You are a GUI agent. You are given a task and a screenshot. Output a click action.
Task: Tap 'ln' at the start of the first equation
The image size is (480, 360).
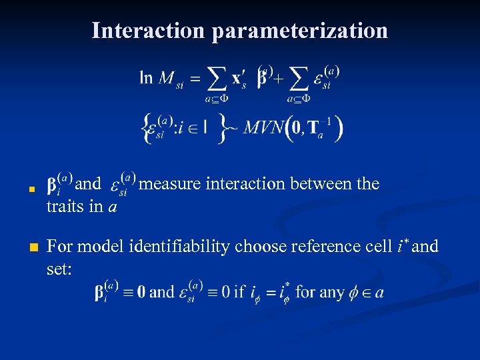click(146, 78)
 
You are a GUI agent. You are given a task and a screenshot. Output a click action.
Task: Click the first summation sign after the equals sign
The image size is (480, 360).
click(216, 79)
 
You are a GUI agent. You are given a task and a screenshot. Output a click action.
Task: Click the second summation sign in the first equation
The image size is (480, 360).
click(298, 79)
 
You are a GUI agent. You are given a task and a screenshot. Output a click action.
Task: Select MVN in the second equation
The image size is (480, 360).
click(263, 127)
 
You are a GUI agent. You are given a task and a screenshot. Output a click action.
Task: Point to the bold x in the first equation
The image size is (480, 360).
click(238, 79)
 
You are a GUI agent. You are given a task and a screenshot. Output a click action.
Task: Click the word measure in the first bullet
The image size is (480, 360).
click(171, 183)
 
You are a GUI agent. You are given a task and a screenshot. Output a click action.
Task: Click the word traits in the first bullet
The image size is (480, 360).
click(65, 207)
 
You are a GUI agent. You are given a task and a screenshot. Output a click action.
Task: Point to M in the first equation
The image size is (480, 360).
click(167, 79)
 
